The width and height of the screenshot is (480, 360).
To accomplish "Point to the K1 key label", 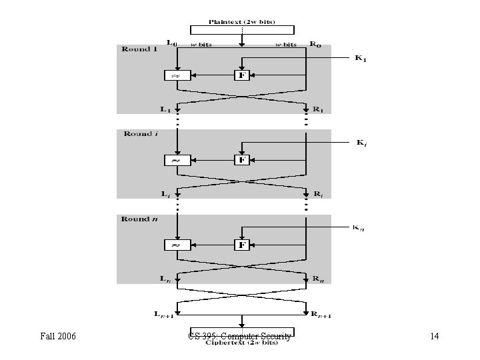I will click(x=361, y=59).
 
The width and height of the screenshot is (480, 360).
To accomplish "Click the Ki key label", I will click(x=361, y=143).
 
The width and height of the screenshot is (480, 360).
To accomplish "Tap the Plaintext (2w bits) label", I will click(x=242, y=21).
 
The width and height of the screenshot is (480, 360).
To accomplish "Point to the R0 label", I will click(x=315, y=45).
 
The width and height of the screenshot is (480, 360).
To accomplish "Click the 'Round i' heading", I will click(x=140, y=134).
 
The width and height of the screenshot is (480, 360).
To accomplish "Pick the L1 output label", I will click(x=165, y=109).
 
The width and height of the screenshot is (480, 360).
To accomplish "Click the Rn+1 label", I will click(x=322, y=314).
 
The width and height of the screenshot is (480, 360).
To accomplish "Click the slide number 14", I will click(x=434, y=337).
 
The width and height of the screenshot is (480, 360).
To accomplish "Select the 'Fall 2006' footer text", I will click(x=57, y=337).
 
